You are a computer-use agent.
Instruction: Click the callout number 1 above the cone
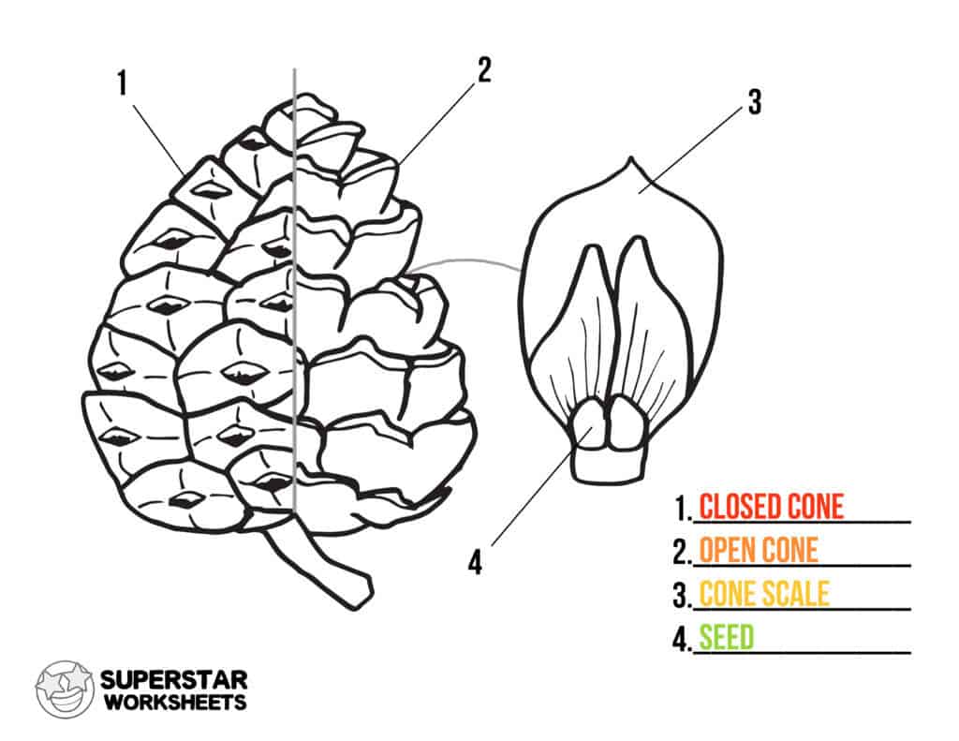click(x=123, y=83)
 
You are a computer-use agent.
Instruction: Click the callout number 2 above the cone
click(x=484, y=69)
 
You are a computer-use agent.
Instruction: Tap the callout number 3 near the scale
click(x=755, y=101)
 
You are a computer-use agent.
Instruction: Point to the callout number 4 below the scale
click(x=475, y=562)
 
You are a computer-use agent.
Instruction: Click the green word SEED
click(x=727, y=637)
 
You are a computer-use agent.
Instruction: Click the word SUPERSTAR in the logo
click(x=173, y=680)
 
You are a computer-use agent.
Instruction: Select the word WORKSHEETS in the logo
click(x=175, y=702)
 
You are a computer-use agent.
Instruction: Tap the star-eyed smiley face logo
click(x=64, y=689)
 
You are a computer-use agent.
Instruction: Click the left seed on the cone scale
click(x=588, y=422)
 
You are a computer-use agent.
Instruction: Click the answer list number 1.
click(x=682, y=508)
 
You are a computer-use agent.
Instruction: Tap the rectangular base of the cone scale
click(x=609, y=465)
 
